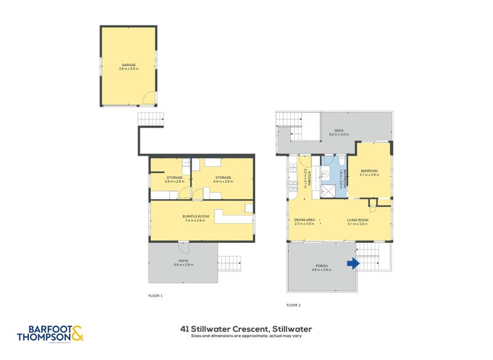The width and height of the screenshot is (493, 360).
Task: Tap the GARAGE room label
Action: point(128,65)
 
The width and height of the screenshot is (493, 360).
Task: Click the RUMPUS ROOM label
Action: point(197,216)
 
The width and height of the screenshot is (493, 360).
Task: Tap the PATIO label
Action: point(184,261)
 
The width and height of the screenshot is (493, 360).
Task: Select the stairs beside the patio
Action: point(229,261)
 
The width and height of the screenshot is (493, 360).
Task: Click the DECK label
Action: point(338,130)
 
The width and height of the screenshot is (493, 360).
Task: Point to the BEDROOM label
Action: point(369,171)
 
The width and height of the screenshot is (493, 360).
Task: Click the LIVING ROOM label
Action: point(357,220)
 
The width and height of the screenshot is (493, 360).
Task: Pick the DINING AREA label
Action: point(305,220)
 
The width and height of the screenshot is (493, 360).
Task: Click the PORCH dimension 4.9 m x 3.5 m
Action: point(322,270)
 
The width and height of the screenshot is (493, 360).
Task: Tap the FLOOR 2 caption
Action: point(294,305)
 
